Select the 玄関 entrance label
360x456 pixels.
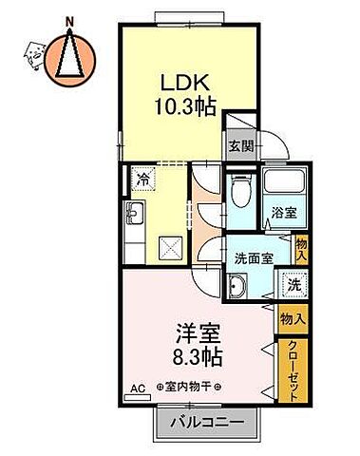point(240,145)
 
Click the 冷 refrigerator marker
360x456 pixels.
point(142,179)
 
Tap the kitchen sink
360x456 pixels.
point(134,215)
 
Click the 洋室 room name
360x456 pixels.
point(196,333)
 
